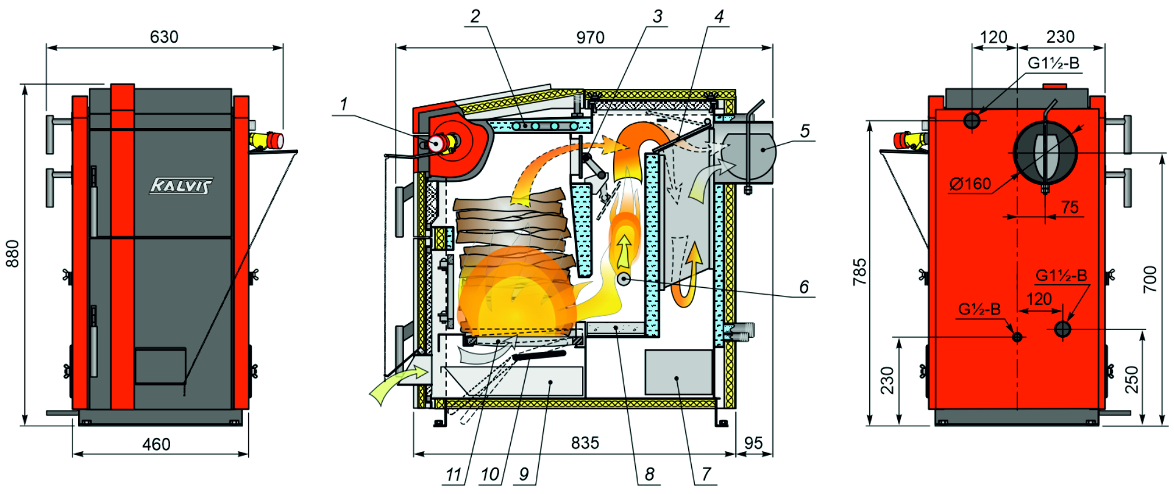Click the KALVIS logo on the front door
pos(181,186)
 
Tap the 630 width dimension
pos(164,37)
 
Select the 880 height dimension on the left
pos(13,254)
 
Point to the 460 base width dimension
pos(156,444)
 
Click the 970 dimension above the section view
pos(590,38)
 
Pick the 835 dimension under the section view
pos(585,443)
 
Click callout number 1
pos(344,104)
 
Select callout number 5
pos(805,131)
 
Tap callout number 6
pos(804,287)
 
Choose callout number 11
pos(454,474)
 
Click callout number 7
pos(706,474)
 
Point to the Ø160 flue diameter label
pos(970,184)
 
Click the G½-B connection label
pos(979,309)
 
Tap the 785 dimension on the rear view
pos(859,272)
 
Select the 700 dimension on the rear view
pos(1150,279)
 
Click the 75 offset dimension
pos(1070,207)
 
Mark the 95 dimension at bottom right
pos(753,443)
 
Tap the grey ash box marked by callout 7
pos(679,372)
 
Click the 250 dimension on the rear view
pos(1131,379)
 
